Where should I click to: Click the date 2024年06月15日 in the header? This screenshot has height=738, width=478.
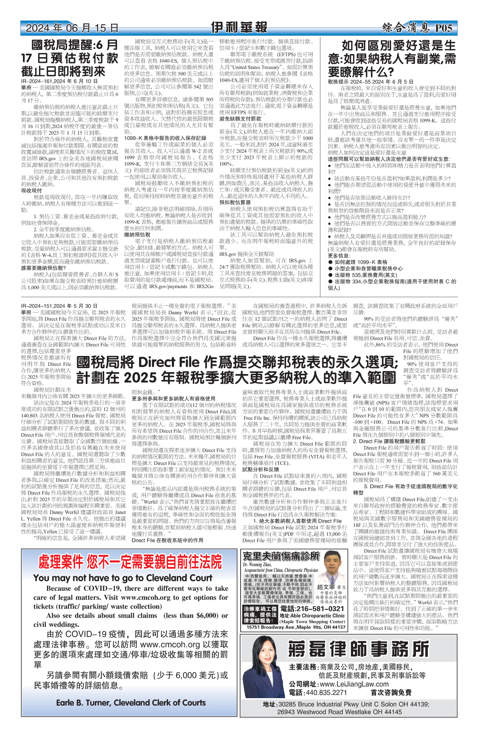coord(72,28)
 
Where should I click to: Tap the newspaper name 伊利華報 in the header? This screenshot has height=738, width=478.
coord(239,28)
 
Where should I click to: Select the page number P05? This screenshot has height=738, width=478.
coord(443,28)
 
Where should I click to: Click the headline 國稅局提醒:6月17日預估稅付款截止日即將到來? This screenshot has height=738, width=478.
coord(70,58)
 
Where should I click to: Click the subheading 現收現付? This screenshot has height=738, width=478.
coord(31,191)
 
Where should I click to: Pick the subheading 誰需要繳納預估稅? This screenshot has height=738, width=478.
coord(43,268)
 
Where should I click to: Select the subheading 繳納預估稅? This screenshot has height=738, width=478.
coord(137,234)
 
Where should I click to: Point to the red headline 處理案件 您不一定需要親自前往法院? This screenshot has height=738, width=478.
coord(130,562)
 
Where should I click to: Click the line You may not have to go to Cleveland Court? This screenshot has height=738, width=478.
coord(122,578)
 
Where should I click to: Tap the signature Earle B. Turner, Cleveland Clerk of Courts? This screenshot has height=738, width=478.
coord(131,703)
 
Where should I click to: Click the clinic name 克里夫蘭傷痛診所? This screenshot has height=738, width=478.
coord(281,556)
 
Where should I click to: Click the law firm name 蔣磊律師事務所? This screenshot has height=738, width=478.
coord(358,648)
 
